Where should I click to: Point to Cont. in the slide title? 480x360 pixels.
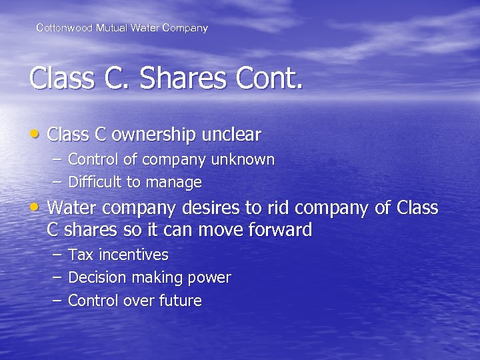(269, 79)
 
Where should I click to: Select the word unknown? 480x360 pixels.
(243, 160)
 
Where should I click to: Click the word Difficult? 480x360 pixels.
(95, 183)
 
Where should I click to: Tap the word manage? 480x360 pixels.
(176, 183)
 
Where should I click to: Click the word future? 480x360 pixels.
(180, 301)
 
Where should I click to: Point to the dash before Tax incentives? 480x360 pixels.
(57, 255)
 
